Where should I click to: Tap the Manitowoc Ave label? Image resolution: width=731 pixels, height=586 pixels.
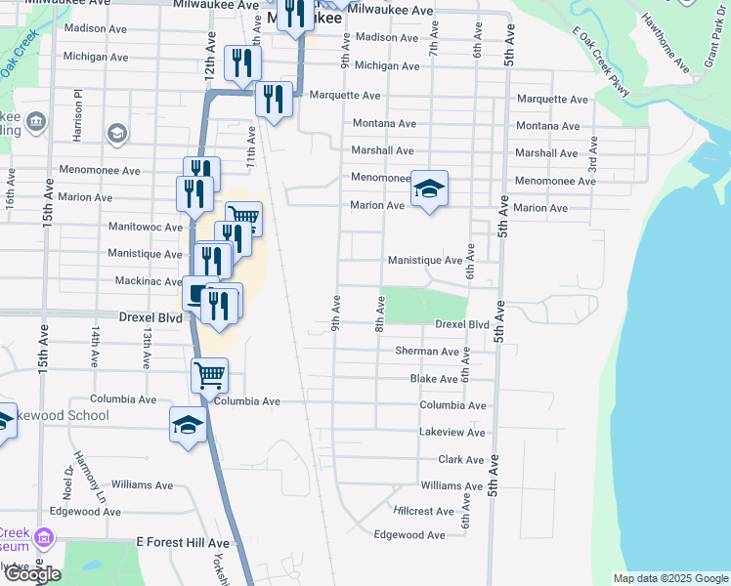point(147,227)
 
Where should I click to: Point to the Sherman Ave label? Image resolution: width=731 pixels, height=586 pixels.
point(427,351)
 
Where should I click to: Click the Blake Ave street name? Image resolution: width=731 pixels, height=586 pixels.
point(434,378)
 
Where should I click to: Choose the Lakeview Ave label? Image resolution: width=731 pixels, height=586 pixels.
point(451,433)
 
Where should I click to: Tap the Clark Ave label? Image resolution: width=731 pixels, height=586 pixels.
point(461,459)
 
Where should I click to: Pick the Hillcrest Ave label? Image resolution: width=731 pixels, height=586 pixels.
point(424,511)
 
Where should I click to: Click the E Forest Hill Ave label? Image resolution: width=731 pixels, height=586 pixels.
point(183,543)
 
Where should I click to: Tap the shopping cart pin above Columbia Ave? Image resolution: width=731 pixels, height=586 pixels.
point(209,374)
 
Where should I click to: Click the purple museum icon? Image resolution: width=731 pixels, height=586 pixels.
point(42,538)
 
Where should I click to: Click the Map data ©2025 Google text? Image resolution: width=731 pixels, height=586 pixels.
point(670,578)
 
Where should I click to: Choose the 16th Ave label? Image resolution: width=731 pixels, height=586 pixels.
point(11,188)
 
